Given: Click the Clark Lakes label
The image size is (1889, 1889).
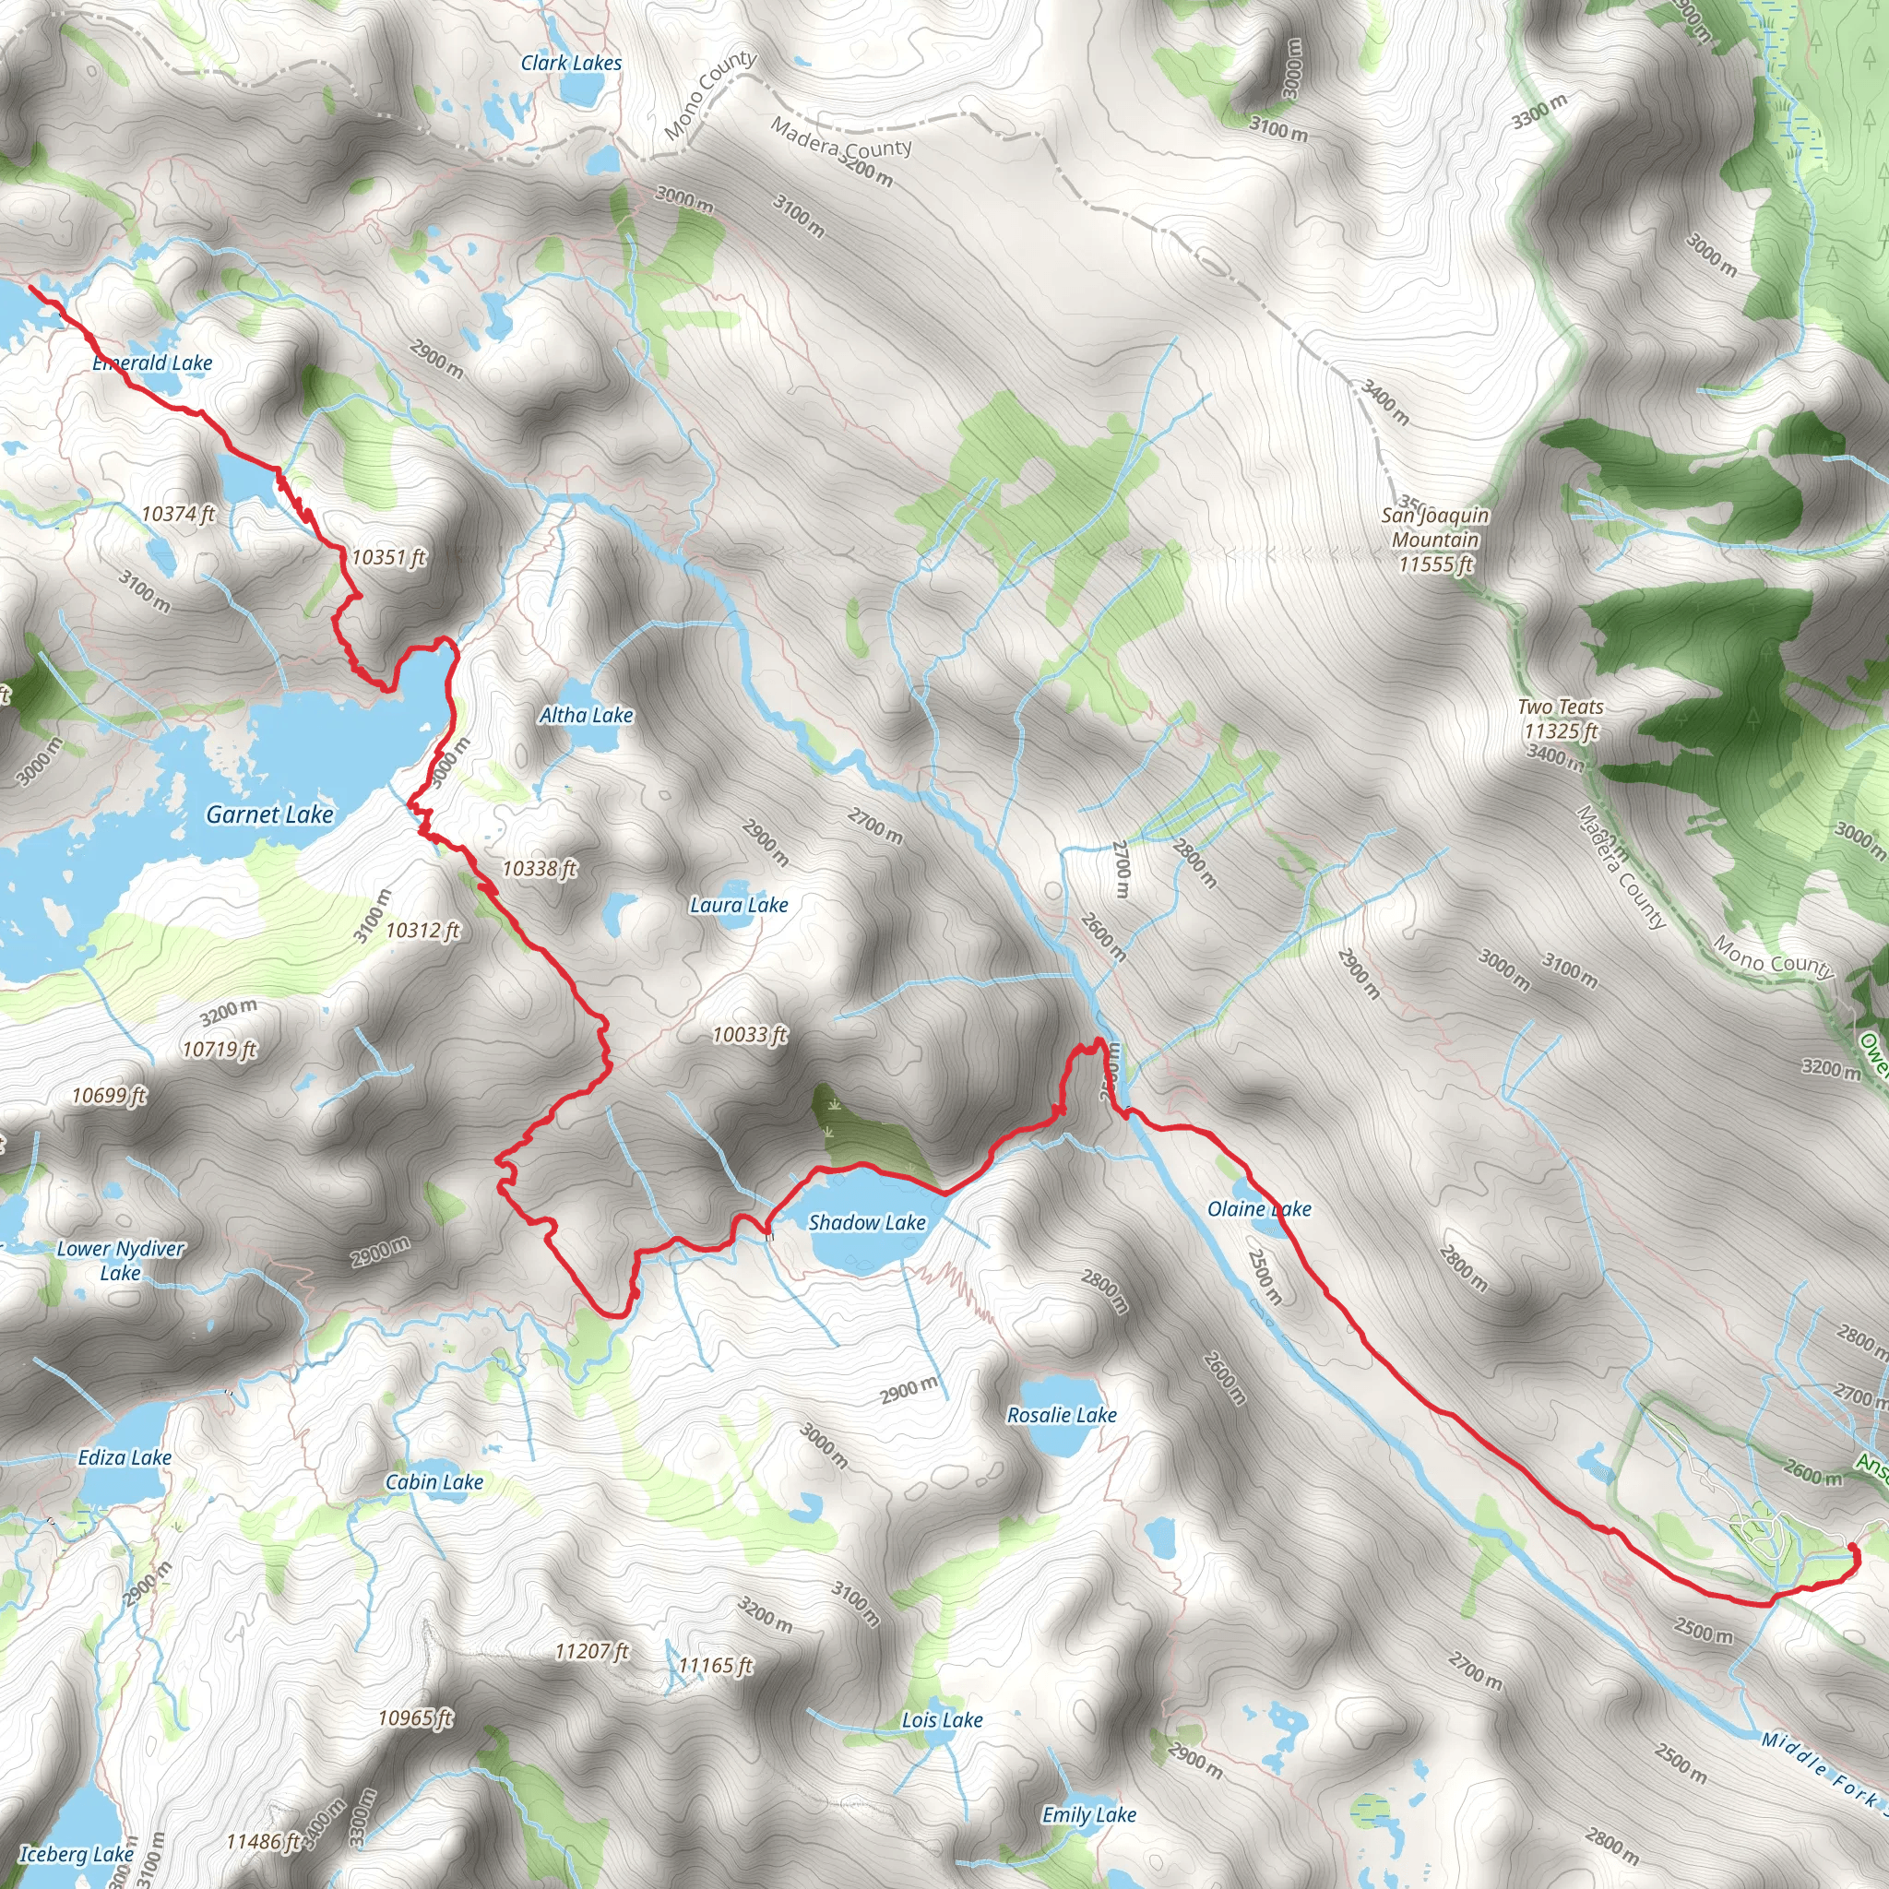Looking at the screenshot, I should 571,64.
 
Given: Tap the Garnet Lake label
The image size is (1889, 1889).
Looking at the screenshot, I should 270,814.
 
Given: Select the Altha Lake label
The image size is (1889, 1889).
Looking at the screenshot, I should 587,716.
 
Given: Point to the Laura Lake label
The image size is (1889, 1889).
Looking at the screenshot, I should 739,906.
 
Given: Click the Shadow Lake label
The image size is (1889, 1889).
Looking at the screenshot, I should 867,1222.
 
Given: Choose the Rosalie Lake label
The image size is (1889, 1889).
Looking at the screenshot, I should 1062,1415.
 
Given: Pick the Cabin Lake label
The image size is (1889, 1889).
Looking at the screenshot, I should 434,1482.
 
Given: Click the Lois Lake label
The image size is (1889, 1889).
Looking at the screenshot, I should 943,1720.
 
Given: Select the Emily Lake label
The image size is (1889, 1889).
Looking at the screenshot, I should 1089,1814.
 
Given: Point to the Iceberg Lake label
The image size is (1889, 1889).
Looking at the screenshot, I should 77,1854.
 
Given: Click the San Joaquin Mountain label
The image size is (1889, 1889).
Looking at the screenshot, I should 1435,540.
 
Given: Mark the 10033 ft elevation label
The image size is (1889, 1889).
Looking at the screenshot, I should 750,1035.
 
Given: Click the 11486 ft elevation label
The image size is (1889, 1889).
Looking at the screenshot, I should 263,1842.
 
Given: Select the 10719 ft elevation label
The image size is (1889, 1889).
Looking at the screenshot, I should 220,1050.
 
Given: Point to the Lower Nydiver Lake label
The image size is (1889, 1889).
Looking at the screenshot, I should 120,1260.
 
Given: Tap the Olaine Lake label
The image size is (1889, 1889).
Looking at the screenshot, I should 1259,1209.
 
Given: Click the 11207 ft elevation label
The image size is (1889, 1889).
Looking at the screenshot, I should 591,1651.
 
